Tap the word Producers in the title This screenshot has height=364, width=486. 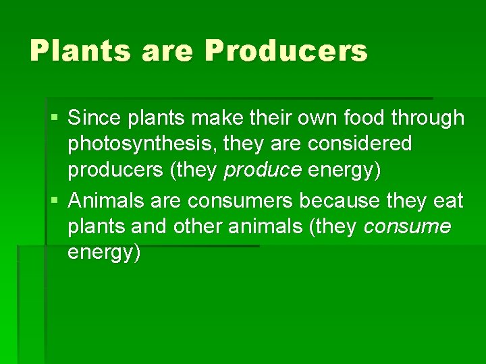click(x=286, y=51)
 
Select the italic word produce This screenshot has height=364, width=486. click(x=263, y=171)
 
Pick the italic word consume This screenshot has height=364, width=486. click(x=407, y=226)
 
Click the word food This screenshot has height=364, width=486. click(x=364, y=118)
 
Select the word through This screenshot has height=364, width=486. click(x=431, y=119)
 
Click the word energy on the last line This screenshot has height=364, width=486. click(x=104, y=253)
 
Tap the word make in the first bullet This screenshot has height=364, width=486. click(x=209, y=118)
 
